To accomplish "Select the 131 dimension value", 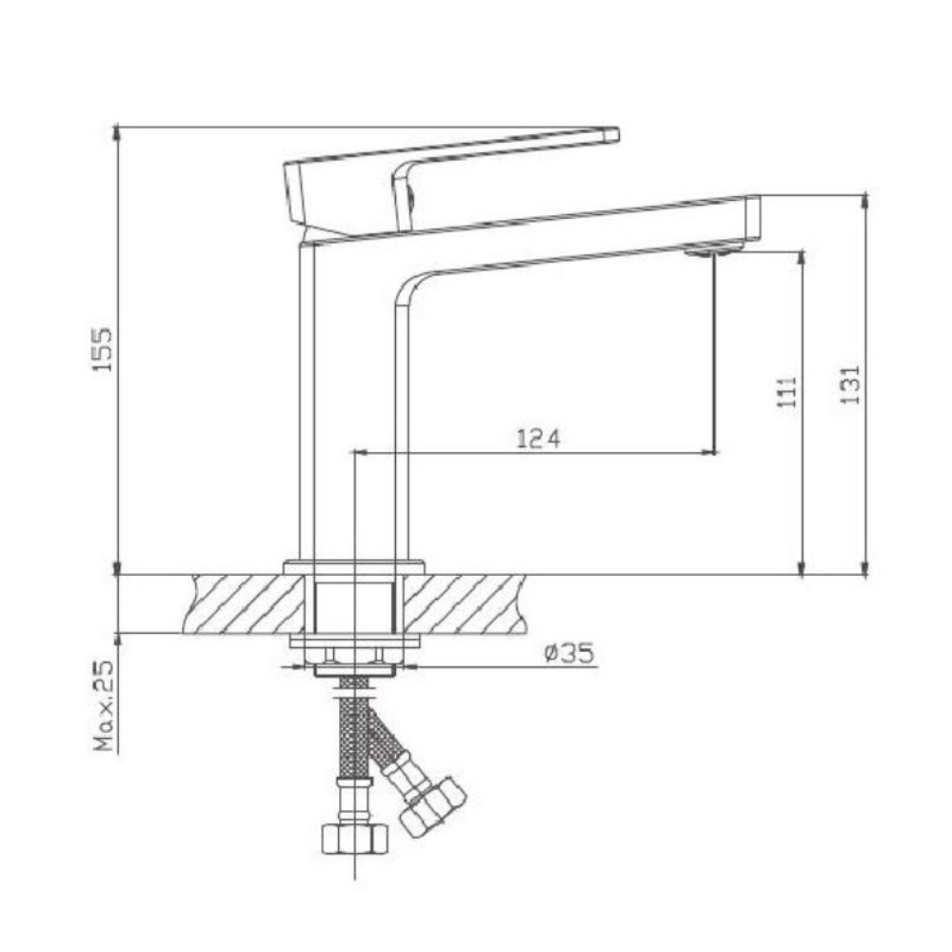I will [851, 385].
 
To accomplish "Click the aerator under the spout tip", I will [713, 250].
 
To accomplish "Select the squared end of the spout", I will [751, 219].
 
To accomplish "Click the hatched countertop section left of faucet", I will [242, 604].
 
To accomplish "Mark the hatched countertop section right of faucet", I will [466, 604].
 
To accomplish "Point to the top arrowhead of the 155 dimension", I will [116, 132].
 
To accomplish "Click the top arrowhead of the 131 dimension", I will [865, 201].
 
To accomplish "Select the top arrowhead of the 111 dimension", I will [803, 257].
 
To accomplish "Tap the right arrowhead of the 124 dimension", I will [708, 452].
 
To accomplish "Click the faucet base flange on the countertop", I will [352, 567].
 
